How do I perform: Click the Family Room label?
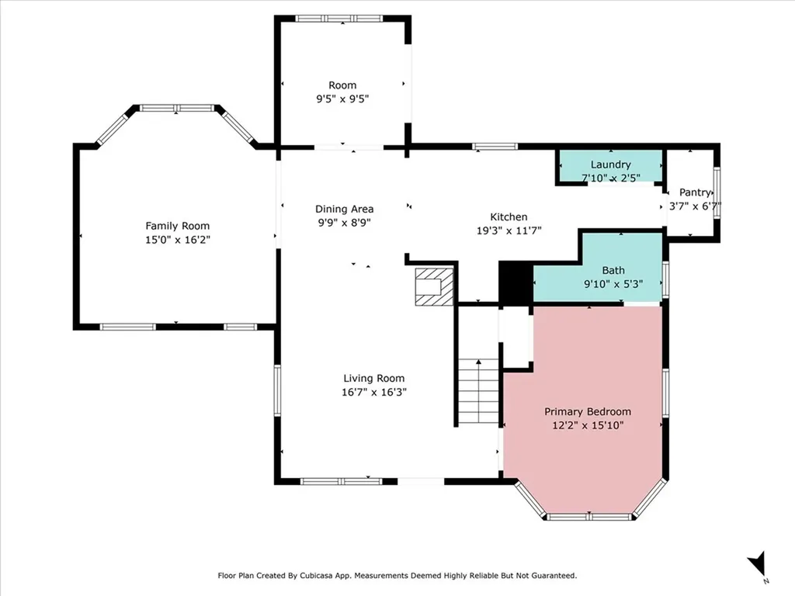pos(178,226)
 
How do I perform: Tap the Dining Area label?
pos(344,209)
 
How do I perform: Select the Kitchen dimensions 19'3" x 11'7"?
pos(509,230)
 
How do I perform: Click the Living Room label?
pos(374,378)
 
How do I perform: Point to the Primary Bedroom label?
pos(588,411)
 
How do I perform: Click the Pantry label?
pos(695,192)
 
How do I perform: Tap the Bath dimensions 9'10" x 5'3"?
pos(613,284)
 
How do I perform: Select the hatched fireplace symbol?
pos(434,287)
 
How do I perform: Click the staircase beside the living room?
pos(478,391)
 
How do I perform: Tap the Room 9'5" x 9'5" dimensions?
pos(342,99)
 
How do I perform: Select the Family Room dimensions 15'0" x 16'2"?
pos(178,240)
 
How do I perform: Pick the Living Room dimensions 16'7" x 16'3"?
pos(374,392)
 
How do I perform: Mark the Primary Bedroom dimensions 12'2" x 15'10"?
pos(588,425)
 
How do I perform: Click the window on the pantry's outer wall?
pos(717,192)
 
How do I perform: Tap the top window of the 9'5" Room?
pos(339,19)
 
